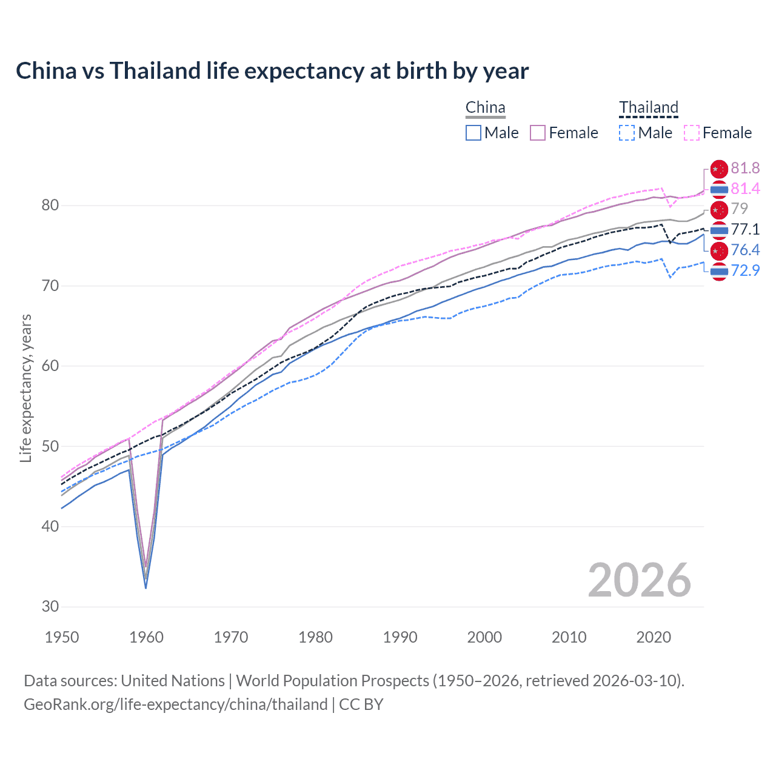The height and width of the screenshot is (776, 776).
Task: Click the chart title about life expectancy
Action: click(272, 71)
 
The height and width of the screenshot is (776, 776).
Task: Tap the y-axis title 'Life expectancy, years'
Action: click(25, 388)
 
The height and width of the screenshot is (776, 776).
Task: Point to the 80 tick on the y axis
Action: click(50, 206)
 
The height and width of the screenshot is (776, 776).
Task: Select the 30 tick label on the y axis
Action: click(50, 606)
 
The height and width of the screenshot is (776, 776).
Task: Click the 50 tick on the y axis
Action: click(50, 446)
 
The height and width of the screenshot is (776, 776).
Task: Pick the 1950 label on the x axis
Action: click(62, 637)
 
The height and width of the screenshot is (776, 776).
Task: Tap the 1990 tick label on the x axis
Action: click(400, 637)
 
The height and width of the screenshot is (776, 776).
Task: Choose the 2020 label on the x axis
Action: click(654, 637)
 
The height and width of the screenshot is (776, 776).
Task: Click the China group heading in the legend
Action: click(485, 108)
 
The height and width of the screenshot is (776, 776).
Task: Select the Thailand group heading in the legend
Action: click(649, 108)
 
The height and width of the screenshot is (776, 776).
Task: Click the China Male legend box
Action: click(473, 133)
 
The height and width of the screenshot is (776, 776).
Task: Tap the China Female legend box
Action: click(538, 133)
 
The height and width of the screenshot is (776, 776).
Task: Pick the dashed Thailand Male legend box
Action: click(627, 133)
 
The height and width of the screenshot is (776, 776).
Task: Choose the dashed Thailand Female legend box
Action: click(692, 133)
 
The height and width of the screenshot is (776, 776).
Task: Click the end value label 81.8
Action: click(745, 168)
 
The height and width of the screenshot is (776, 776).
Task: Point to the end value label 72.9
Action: click(745, 270)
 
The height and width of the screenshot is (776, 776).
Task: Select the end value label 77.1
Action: click(745, 229)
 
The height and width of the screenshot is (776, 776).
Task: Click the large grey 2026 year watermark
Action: click(639, 580)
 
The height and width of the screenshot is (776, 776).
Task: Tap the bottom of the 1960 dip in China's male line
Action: click(145, 587)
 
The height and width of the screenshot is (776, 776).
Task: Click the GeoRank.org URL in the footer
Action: click(176, 704)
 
